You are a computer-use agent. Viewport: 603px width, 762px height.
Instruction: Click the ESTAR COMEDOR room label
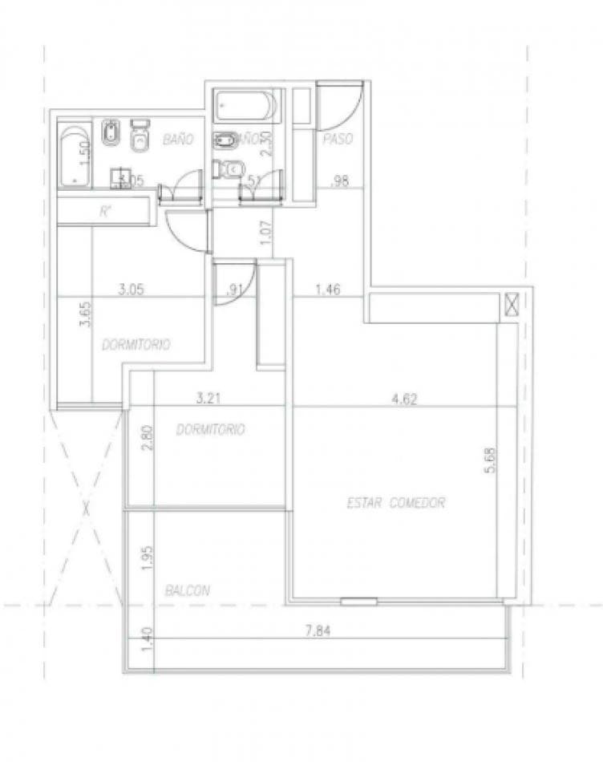point(395,503)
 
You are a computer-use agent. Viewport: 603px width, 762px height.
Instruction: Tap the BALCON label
point(188,590)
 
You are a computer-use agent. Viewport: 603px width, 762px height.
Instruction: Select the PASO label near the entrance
point(338,139)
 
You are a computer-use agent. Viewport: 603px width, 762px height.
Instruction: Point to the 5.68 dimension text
point(491,462)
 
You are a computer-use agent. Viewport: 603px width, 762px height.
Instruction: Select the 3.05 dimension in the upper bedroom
point(131,290)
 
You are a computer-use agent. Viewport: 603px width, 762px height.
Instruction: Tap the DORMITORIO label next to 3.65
point(136,344)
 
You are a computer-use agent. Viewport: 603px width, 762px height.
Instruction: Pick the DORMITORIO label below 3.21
point(210,429)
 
